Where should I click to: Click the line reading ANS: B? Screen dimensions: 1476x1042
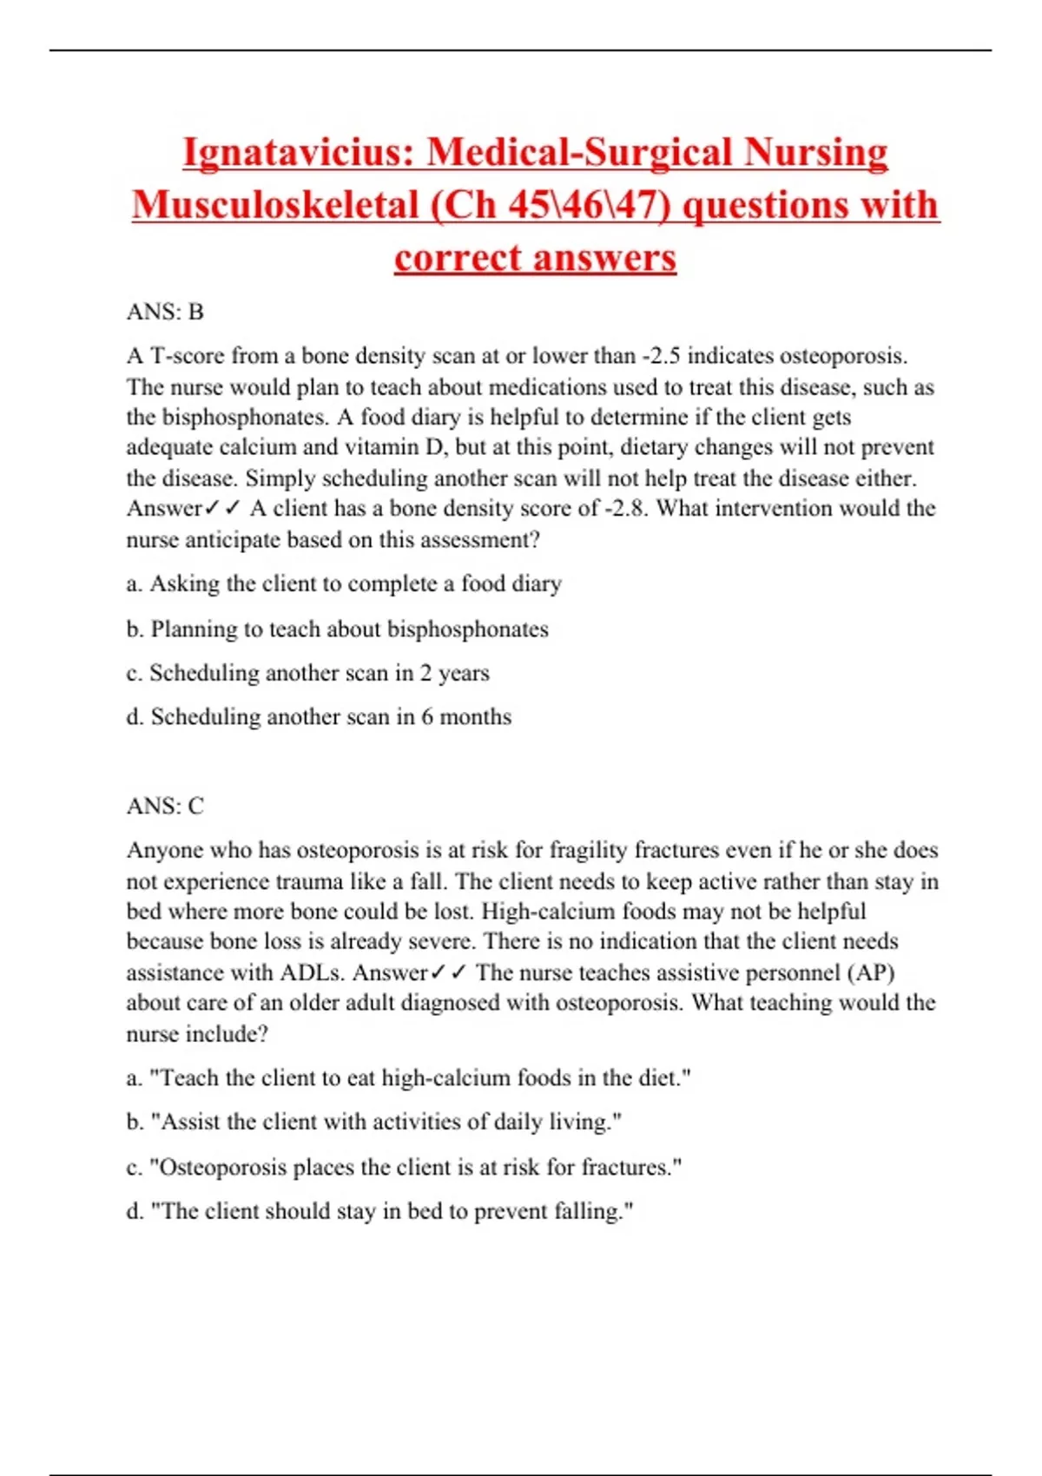coord(165,312)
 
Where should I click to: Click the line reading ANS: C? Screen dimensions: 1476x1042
coord(165,806)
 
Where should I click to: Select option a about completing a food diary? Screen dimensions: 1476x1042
coord(344,583)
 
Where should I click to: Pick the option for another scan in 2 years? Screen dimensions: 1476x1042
coord(307,673)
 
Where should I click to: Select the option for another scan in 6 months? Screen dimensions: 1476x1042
coord(319,717)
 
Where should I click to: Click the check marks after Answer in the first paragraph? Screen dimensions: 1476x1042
coord(221,508)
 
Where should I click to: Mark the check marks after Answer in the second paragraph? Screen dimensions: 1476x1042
coord(448,972)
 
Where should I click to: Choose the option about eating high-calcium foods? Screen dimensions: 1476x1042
coord(408,1078)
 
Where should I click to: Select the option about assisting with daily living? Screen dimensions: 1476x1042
coord(374,1122)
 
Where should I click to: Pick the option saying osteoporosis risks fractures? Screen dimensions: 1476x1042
coord(404,1167)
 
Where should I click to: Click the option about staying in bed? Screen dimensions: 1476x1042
coord(379,1211)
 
